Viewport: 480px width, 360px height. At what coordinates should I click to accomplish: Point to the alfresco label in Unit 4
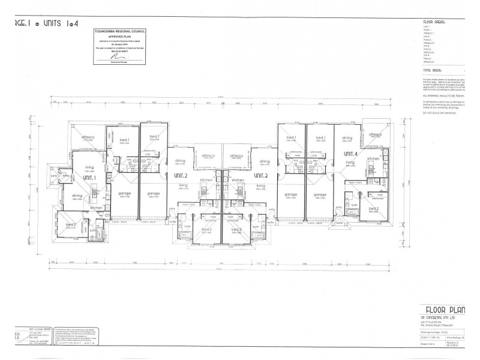[376, 135]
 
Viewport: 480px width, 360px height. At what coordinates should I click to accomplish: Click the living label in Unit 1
[89, 167]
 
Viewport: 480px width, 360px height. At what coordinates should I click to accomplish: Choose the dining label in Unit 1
[77, 196]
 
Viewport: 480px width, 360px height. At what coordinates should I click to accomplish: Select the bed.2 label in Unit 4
[373, 209]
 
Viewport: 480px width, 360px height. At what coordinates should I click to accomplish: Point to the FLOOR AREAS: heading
[434, 22]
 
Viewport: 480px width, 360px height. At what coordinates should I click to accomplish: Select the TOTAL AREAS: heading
[435, 70]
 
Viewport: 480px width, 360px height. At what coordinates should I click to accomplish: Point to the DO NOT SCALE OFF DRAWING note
[443, 113]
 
